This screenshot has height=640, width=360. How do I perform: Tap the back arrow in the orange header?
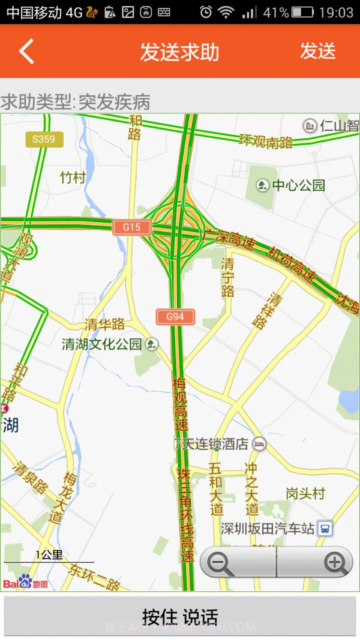click(26, 51)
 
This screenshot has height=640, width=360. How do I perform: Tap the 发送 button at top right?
click(317, 51)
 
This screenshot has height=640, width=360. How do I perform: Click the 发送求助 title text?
click(179, 52)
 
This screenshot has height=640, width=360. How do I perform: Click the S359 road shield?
click(44, 140)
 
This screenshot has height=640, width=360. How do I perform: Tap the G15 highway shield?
click(131, 227)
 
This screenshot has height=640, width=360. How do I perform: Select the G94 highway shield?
click(175, 316)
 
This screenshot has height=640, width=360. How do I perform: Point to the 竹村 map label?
click(73, 178)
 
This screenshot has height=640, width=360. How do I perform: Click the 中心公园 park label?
click(298, 185)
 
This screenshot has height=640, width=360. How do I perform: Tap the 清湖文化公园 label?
click(101, 344)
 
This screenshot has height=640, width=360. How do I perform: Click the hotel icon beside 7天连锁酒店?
click(259, 444)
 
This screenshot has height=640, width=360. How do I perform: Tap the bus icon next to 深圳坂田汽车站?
click(325, 528)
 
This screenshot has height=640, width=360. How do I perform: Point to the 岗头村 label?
click(305, 494)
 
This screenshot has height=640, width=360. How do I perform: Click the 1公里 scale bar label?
click(49, 555)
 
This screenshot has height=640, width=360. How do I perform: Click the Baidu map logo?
click(25, 582)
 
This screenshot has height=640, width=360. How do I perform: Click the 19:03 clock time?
click(337, 12)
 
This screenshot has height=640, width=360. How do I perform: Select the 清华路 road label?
click(104, 324)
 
